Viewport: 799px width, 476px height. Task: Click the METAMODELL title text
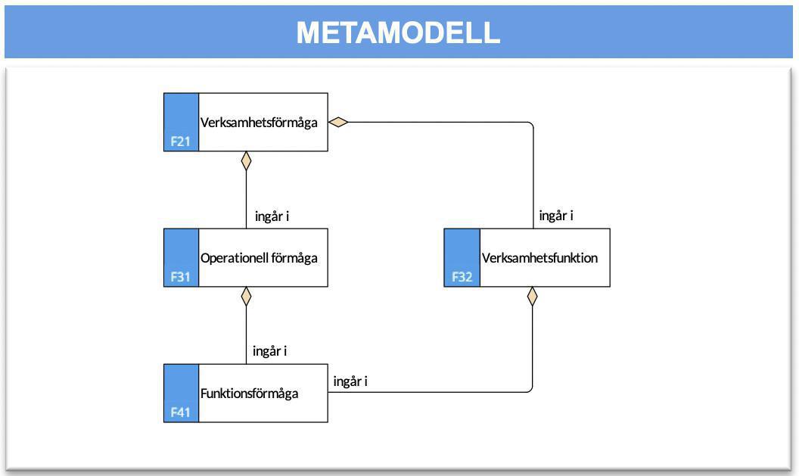tap(398, 33)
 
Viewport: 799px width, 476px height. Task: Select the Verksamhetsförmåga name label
tap(259, 123)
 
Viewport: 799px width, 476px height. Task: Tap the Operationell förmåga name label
tap(259, 258)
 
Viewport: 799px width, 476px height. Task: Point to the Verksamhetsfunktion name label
tap(539, 258)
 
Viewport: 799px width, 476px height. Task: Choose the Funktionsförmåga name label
tap(249, 394)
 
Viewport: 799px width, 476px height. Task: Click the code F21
tap(180, 142)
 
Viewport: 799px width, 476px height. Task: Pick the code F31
tap(180, 277)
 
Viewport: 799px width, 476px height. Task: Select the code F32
tap(462, 277)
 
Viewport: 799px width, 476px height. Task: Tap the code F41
tap(180, 413)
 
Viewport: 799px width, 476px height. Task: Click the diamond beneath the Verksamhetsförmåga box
tap(246, 160)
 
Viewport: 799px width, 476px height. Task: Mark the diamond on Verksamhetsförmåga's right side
tap(337, 123)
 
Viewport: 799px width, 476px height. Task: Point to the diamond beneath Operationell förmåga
tap(246, 296)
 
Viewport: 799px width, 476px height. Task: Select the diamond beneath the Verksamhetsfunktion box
tap(533, 296)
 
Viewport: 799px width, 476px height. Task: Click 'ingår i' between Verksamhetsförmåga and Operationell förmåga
tap(272, 216)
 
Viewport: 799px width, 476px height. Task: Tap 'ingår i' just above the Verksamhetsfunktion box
tap(556, 216)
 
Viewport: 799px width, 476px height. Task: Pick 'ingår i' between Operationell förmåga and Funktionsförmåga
tap(270, 351)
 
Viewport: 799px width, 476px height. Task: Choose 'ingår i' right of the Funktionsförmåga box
tap(350, 381)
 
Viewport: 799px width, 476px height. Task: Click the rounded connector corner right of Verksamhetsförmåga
tap(530, 126)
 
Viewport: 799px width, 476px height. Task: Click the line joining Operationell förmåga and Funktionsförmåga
tap(246, 333)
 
